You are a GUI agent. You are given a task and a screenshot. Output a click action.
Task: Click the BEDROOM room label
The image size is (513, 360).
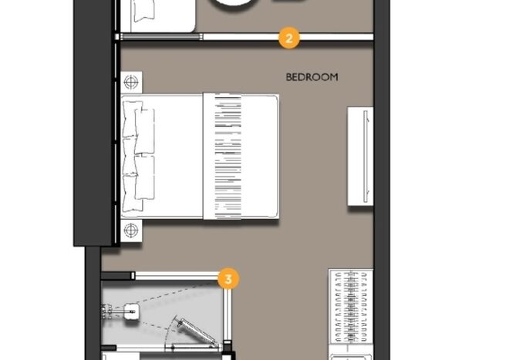pos(312,77)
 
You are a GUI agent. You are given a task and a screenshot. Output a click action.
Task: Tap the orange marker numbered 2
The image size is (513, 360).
pos(289,39)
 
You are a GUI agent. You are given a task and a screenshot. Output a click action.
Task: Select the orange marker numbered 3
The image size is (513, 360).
pos(228,279)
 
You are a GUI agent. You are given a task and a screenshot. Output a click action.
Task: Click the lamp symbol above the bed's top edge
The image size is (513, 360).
pos(131,82)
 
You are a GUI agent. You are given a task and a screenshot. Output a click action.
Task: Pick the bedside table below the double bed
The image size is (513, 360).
pos(131,230)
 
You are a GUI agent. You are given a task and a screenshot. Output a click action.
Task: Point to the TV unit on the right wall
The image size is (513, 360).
pos(360,156)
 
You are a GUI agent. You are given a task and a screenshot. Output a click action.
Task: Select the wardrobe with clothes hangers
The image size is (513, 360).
pos(351,307)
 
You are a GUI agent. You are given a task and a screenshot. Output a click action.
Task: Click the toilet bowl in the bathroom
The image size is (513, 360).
pos(131,311)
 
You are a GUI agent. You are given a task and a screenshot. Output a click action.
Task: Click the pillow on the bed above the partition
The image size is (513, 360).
pos(143,10)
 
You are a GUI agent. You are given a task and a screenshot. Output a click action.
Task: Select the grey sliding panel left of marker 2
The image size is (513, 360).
pos(160,37)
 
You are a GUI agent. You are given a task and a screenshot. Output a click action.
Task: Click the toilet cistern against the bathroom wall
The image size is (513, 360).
pos(106,311)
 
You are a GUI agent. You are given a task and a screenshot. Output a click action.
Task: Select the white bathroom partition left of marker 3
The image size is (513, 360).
pos(176,276)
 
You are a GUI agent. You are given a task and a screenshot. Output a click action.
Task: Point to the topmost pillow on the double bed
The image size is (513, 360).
pos(133,119)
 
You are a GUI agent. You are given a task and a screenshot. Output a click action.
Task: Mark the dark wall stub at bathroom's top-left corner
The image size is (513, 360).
pos(116,276)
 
